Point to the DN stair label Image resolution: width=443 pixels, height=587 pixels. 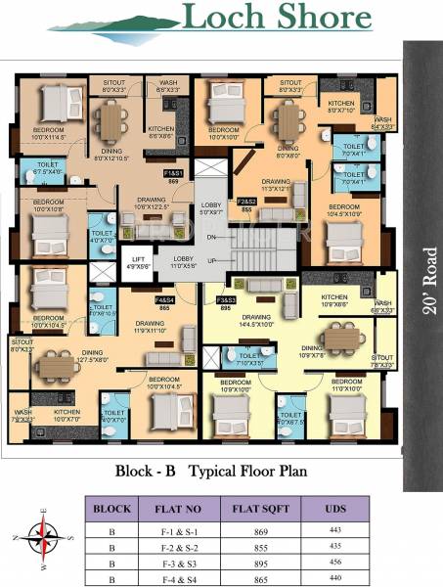212,237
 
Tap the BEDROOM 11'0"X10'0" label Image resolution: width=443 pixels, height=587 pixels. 347,384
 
